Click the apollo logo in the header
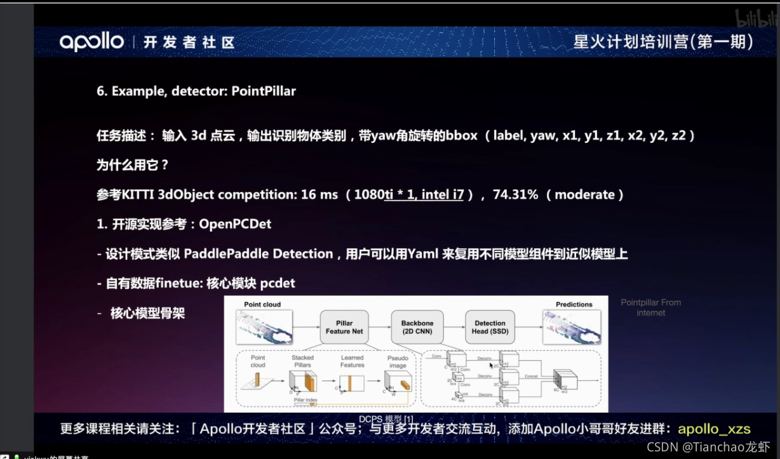pyautogui.click(x=91, y=42)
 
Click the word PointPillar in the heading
pyautogui.click(x=264, y=91)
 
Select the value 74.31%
pyautogui.click(x=515, y=195)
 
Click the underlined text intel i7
pyautogui.click(x=443, y=195)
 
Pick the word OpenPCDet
pyautogui.click(x=236, y=224)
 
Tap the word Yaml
pyautogui.click(x=424, y=254)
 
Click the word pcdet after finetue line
pyautogui.click(x=278, y=283)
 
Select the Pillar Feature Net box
pyautogui.click(x=344, y=327)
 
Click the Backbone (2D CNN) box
pyautogui.click(x=417, y=327)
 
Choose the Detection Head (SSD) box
pyautogui.click(x=490, y=327)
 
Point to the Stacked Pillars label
pyautogui.click(x=302, y=361)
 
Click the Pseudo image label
pyautogui.click(x=398, y=362)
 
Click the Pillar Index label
pyautogui.click(x=306, y=401)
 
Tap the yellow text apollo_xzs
pyautogui.click(x=714, y=429)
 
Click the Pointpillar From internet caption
pyautogui.click(x=650, y=307)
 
